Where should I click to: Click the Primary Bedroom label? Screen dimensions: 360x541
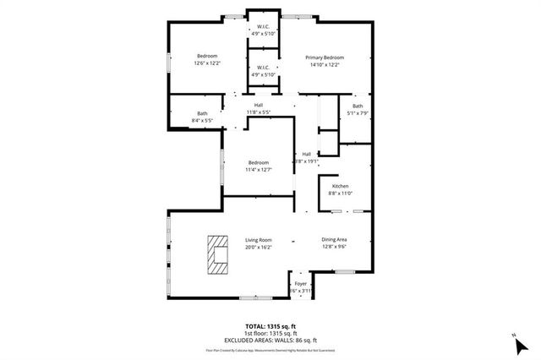[x=325, y=57]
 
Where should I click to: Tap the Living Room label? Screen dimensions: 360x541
[x=259, y=240]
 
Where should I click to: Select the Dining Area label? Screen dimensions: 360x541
[x=335, y=240]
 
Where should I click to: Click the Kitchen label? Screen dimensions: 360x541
[x=340, y=186]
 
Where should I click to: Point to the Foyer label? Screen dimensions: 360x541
[x=301, y=284]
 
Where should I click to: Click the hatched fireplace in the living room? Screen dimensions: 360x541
[x=218, y=254]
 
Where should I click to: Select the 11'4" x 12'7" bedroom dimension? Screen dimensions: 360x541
[x=259, y=170]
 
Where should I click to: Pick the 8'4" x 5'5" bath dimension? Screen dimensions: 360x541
[x=203, y=121]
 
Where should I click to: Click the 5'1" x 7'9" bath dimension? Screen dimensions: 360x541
[x=358, y=112]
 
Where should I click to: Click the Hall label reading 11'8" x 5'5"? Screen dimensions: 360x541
[x=259, y=112]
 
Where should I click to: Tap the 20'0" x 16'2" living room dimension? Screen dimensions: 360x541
[x=259, y=248]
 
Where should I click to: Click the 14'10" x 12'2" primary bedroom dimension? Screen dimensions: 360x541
[x=325, y=65]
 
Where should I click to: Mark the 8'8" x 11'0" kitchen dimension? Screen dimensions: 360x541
[x=340, y=194]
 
